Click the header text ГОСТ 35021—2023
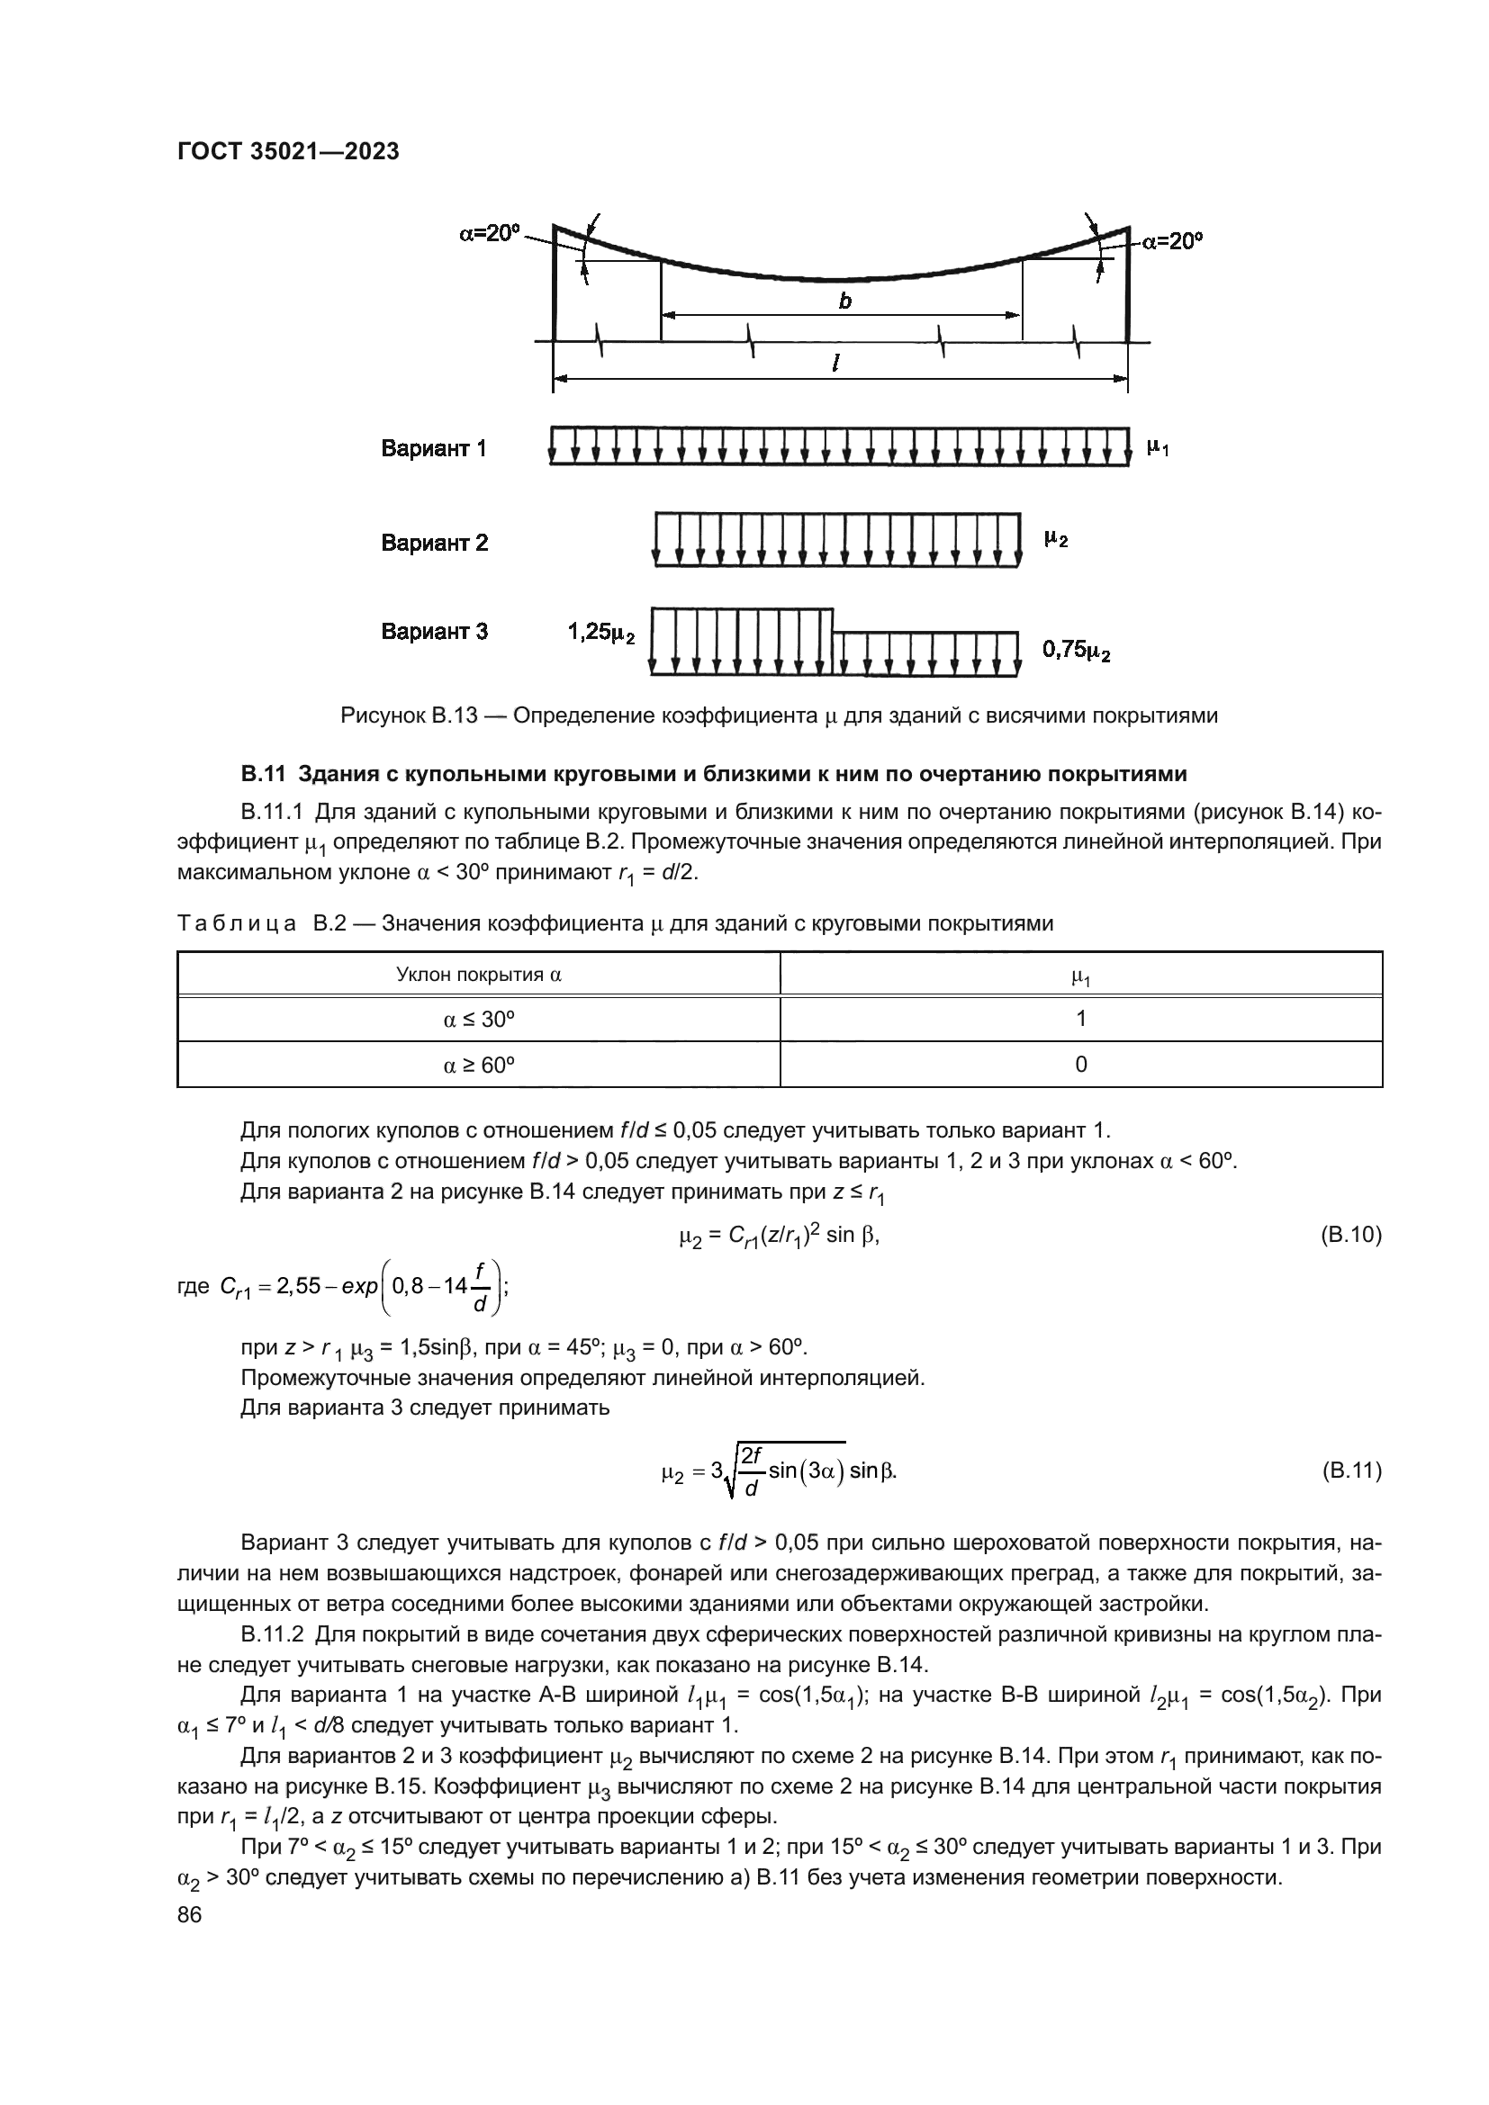coord(288,152)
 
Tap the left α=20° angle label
coord(489,233)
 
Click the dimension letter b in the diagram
coord(844,301)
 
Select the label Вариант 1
coord(434,449)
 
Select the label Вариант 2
coord(435,543)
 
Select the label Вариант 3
coord(435,632)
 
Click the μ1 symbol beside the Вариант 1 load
coord(1158,448)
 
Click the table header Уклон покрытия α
coord(479,975)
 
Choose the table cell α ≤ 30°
coord(479,1020)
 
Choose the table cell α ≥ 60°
coord(479,1065)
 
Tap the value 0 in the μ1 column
coord(1081,1065)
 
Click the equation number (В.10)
coord(1350,1235)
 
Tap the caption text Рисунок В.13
coord(409,716)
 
